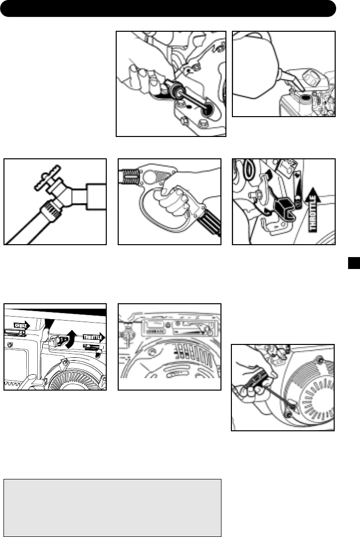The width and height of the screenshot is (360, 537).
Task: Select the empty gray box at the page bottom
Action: [x=112, y=508]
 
